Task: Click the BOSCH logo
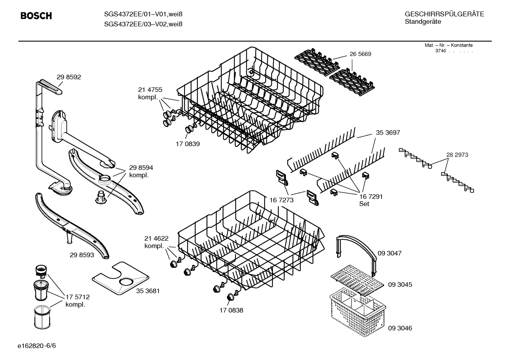coord(36,16)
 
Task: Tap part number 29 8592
coord(69,77)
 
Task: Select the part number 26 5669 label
coord(360,54)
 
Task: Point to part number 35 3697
coord(388,132)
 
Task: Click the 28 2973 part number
coord(457,155)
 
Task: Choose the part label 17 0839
coord(187,144)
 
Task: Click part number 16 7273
coord(281,200)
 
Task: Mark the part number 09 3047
coord(390,253)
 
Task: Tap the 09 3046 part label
coord(400,328)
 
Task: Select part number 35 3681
coord(148,291)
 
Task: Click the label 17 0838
coord(231,310)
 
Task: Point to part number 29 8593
coord(82,255)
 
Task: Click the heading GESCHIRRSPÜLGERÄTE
coord(444,14)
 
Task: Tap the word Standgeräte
coord(423,22)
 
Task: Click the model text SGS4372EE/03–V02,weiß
coord(143,24)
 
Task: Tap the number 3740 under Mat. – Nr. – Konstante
coord(441,51)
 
